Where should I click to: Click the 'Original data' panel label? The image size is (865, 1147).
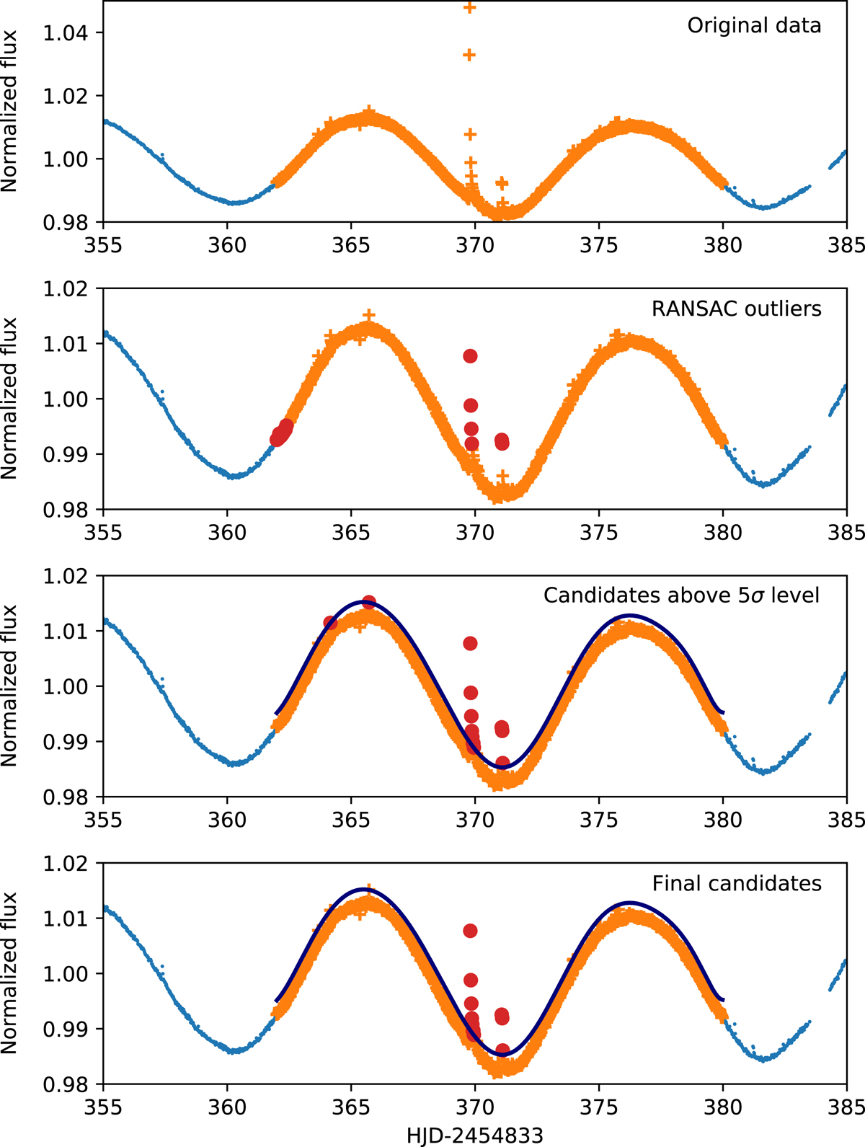(x=753, y=26)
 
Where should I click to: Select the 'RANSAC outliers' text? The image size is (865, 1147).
(x=736, y=309)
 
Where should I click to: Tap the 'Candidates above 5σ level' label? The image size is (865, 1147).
(x=681, y=595)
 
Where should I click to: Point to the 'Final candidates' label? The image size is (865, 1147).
(x=736, y=883)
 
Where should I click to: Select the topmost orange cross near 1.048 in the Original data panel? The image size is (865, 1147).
(x=470, y=8)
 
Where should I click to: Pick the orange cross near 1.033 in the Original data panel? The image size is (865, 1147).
(x=469, y=56)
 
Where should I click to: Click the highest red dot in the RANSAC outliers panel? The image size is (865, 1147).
(x=470, y=356)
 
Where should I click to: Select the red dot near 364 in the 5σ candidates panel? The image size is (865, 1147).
(x=330, y=622)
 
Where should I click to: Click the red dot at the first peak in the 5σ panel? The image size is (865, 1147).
(x=369, y=602)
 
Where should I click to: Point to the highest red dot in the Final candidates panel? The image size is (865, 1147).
(x=470, y=931)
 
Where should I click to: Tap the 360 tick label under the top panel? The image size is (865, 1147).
(x=227, y=246)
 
